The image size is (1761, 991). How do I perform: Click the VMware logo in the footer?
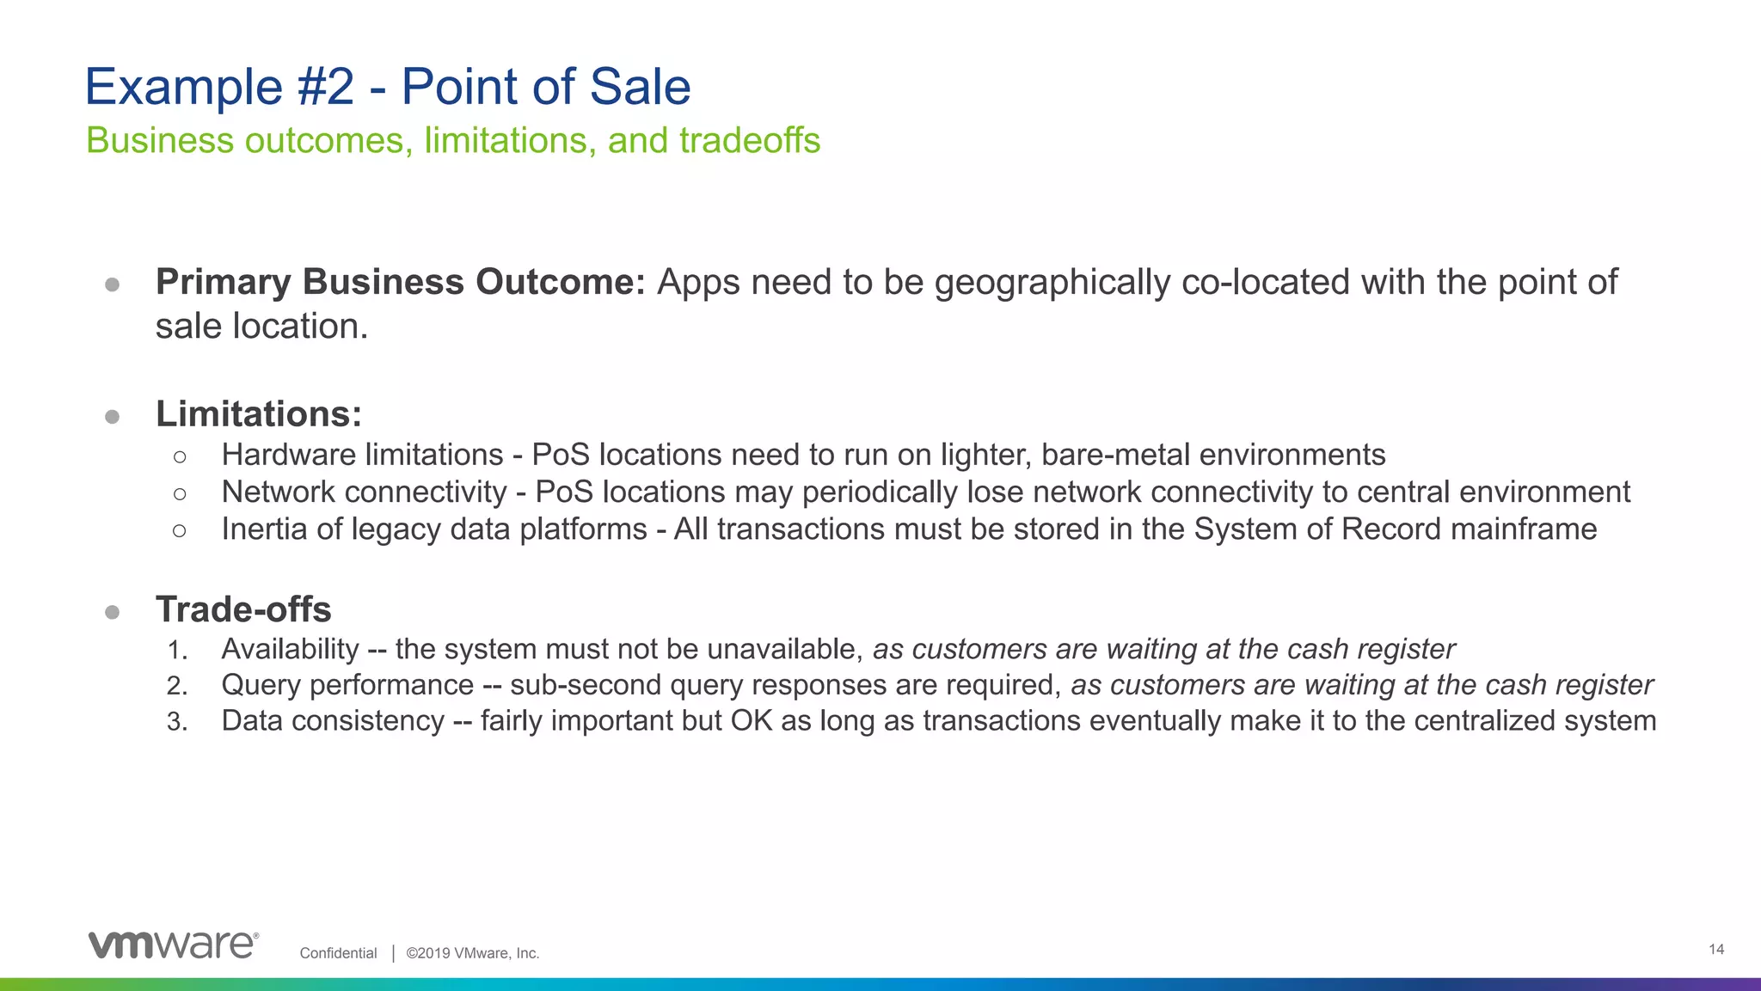click(173, 944)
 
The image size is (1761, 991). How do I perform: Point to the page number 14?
click(1716, 949)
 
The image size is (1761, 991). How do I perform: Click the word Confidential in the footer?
click(338, 953)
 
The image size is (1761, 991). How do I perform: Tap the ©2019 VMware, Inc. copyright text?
click(473, 953)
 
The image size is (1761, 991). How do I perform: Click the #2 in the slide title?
click(326, 87)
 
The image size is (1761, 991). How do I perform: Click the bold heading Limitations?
click(259, 413)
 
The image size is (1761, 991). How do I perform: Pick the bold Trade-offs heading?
click(243, 609)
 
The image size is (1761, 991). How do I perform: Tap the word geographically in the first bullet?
click(1052, 283)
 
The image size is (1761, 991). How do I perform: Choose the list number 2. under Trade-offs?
click(177, 686)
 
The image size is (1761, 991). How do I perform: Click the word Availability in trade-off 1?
click(290, 649)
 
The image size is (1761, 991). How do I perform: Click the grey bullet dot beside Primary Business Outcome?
click(112, 284)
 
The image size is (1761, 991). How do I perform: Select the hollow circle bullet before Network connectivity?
click(179, 493)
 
